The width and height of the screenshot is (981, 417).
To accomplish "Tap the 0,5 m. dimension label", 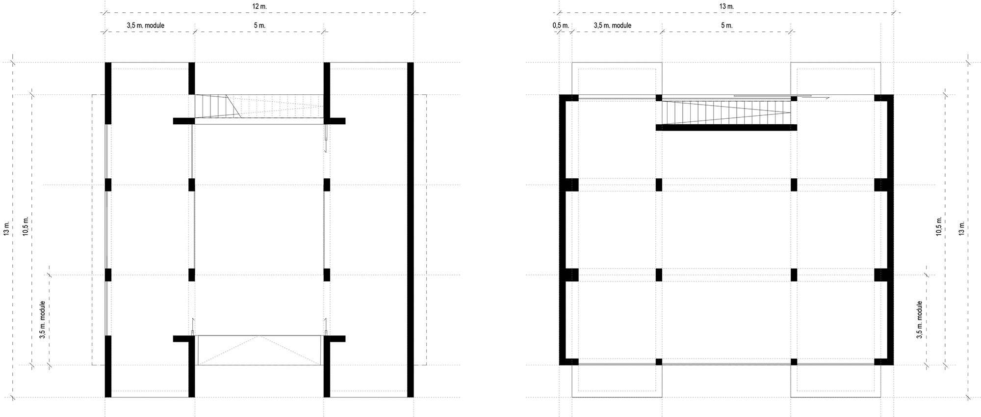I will [x=560, y=26].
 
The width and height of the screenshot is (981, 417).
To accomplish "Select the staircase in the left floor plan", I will [x=259, y=106].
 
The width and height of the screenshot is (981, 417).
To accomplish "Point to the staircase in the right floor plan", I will [x=726, y=112].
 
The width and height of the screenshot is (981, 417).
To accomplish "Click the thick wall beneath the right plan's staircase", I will [x=726, y=128].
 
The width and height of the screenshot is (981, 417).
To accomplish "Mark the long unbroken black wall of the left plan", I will [x=411, y=229].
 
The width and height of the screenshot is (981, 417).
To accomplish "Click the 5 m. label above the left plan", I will [x=259, y=26].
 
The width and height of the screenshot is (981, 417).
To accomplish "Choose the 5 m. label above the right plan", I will [x=726, y=26].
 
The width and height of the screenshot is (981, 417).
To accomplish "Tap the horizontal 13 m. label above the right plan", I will [x=726, y=6].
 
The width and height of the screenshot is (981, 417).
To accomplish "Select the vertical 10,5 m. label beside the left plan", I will [x=26, y=226].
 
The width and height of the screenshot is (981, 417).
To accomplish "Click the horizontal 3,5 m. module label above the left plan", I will [x=145, y=26].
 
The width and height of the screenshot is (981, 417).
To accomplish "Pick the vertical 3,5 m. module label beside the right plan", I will [x=919, y=319].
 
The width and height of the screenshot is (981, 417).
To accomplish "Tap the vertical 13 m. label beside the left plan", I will [x=6, y=228].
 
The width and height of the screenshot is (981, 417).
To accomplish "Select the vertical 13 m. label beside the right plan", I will [x=961, y=228].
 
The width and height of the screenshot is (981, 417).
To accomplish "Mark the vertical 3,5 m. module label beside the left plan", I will [x=43, y=319].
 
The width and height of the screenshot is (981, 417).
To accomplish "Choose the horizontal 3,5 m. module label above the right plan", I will [x=612, y=26].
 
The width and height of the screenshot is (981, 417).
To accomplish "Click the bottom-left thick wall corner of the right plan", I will [x=564, y=361].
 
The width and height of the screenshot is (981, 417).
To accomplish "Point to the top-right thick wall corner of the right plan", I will [x=889, y=98].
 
